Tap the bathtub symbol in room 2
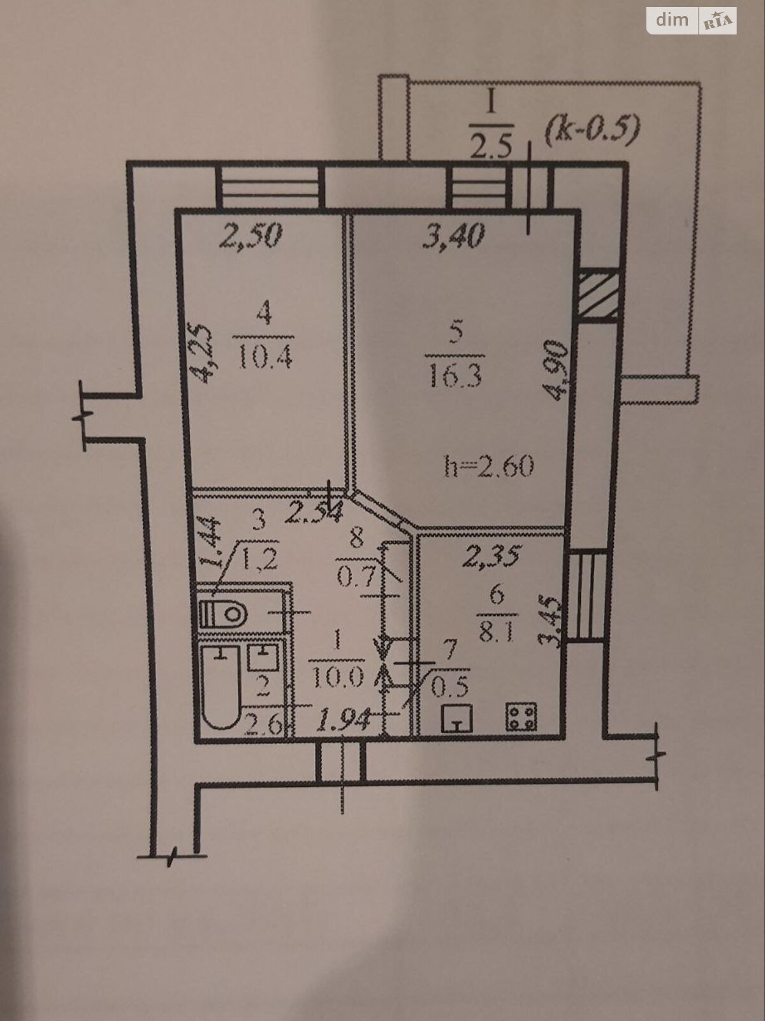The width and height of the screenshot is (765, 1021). click(221, 687)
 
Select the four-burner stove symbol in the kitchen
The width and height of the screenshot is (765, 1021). click(521, 717)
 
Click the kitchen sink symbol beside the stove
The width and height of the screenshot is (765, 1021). click(456, 718)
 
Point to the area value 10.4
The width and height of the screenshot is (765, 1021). click(265, 357)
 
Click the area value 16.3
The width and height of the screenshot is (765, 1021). click(455, 376)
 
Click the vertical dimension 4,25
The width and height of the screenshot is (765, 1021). click(201, 353)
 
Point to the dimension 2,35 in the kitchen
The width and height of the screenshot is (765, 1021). click(492, 555)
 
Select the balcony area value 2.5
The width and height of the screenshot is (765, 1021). click(492, 145)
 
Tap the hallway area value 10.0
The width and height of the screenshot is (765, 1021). click(338, 679)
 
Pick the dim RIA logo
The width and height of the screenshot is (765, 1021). click(691, 20)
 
